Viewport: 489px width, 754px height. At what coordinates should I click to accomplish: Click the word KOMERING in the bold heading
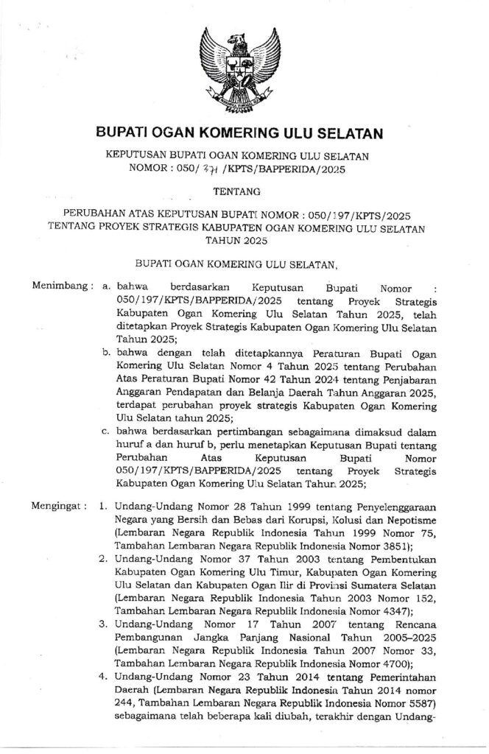243,133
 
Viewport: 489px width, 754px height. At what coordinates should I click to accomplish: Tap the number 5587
420,702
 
